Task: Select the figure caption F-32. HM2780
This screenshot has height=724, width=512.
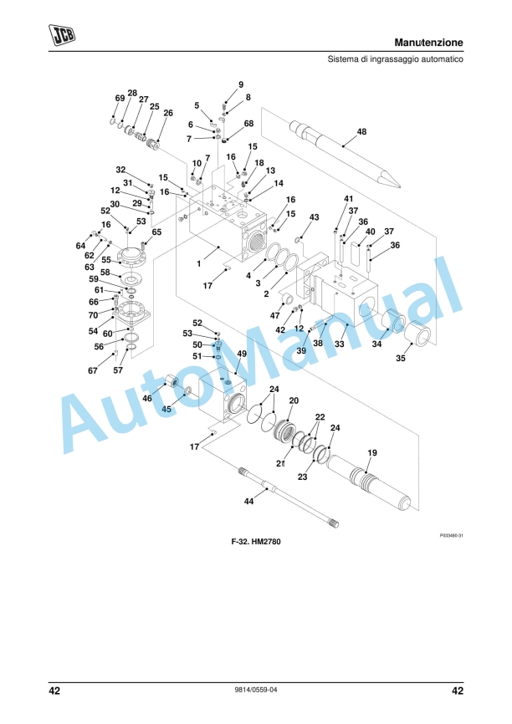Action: [x=255, y=543]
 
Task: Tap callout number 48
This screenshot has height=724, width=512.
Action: [x=361, y=131]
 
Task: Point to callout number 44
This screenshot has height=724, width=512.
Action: [x=248, y=502]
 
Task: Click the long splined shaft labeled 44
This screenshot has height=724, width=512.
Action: [x=289, y=496]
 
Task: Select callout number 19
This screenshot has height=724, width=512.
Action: [x=372, y=452]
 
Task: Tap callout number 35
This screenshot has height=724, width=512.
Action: [x=400, y=358]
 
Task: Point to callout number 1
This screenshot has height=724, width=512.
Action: [x=198, y=263]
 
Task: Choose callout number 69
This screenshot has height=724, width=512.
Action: [x=119, y=99]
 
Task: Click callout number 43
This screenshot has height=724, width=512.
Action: [x=315, y=217]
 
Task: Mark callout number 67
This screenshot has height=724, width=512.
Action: [x=92, y=370]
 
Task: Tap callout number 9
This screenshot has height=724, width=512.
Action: [x=241, y=84]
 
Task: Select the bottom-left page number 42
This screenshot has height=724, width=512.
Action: [x=54, y=691]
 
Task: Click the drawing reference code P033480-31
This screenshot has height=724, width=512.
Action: [x=451, y=534]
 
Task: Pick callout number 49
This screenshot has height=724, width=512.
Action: [x=242, y=354]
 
